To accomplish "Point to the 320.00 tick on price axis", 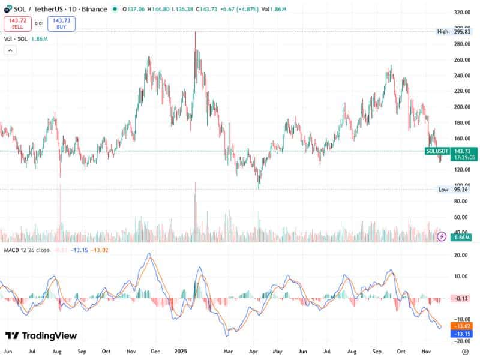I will [x=461, y=12].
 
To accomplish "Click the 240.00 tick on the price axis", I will [x=461, y=76].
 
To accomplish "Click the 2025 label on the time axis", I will [x=181, y=350].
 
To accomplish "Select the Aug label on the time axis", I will [x=56, y=350].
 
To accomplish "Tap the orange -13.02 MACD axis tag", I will [x=461, y=326].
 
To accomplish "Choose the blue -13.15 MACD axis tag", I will [x=461, y=333].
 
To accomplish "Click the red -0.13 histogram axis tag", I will [x=461, y=298].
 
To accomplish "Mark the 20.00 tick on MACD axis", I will [x=461, y=255].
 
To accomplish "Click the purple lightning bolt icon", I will [x=442, y=236].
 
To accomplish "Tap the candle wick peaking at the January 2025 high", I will [x=196, y=34].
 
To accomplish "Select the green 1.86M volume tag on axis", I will [x=461, y=238].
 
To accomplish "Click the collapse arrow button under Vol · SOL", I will [x=10, y=50].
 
